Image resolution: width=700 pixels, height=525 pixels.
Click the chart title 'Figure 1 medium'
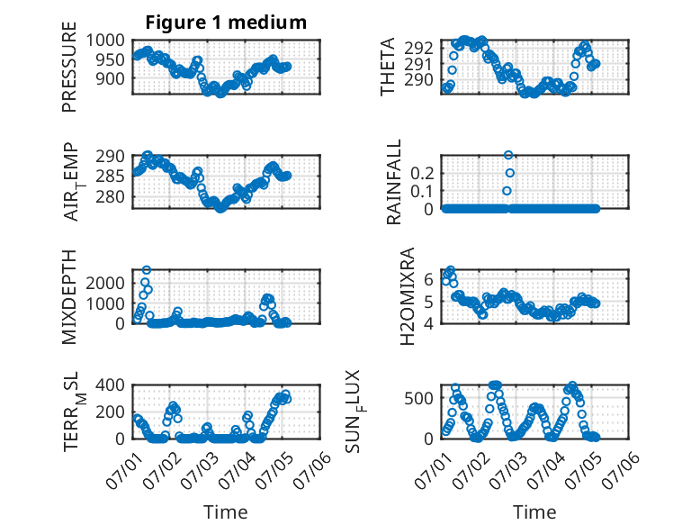[x=226, y=23]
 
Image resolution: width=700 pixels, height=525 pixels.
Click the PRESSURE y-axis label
[x=69, y=67]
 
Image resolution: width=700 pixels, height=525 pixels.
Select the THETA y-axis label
[x=388, y=67]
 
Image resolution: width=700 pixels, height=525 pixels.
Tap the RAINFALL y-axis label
[x=394, y=182]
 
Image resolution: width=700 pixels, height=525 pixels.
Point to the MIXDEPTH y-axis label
[x=69, y=297]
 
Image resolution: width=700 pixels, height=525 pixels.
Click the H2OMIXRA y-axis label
[x=408, y=296]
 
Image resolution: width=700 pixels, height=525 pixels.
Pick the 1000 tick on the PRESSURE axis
[x=105, y=41]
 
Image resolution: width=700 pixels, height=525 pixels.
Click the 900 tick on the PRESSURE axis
[x=111, y=78]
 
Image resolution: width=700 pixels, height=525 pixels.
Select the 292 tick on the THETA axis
[x=418, y=48]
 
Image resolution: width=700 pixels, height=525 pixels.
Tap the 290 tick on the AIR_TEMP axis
[x=111, y=157]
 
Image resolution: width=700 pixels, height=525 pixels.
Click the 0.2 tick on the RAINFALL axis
[x=422, y=173]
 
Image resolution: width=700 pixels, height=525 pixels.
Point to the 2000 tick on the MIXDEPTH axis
[x=105, y=283]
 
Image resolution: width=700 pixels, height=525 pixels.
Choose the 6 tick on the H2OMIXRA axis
[x=428, y=279]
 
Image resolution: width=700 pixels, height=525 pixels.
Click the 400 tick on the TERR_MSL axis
[x=111, y=385]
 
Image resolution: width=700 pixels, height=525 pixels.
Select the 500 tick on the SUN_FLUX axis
[x=418, y=398]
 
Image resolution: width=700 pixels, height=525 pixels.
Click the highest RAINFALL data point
[x=508, y=155]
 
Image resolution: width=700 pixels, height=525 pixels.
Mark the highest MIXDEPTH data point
[x=147, y=270]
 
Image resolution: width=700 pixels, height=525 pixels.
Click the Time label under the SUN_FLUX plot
[x=534, y=511]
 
